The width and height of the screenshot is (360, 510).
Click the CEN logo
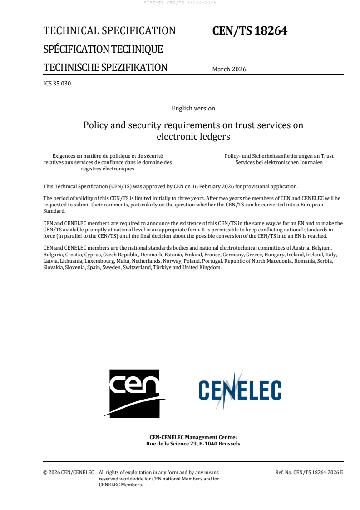click(134, 393)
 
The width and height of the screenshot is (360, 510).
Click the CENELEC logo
click(240, 390)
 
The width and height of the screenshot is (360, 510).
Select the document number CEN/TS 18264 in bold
click(250, 31)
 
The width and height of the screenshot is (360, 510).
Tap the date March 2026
click(229, 70)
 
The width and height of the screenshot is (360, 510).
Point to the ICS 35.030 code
click(57, 83)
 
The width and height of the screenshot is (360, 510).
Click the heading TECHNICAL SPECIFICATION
click(109, 31)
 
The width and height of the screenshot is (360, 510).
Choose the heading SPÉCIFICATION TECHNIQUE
click(103, 49)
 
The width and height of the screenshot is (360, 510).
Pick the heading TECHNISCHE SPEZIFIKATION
click(105, 68)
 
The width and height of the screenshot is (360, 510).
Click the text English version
click(193, 108)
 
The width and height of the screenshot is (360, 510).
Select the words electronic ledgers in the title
click(193, 136)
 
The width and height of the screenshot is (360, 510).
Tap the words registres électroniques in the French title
click(108, 169)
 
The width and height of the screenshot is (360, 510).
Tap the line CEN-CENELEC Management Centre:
click(193, 437)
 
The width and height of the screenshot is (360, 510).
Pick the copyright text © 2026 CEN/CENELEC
click(69, 473)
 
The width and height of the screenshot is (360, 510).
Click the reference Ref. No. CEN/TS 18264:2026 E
click(309, 473)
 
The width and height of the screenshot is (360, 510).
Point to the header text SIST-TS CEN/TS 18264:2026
click(180, 3)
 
